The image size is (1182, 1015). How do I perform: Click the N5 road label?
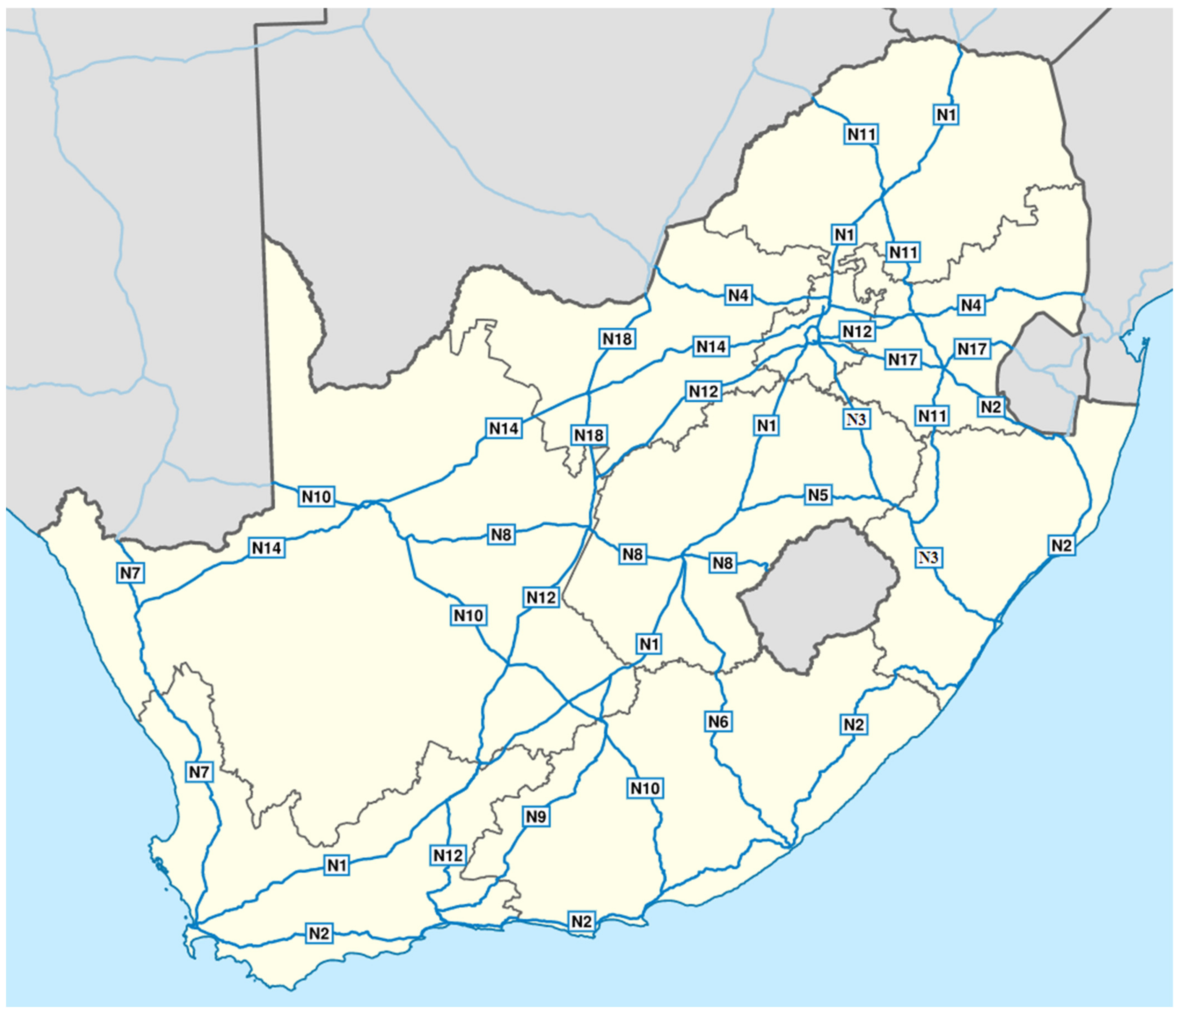817,495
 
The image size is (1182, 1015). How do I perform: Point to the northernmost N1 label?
946,115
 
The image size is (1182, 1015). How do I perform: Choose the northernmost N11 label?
861,135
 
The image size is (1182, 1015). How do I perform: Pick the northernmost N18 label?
617,339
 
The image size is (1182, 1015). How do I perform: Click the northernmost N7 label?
131,573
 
